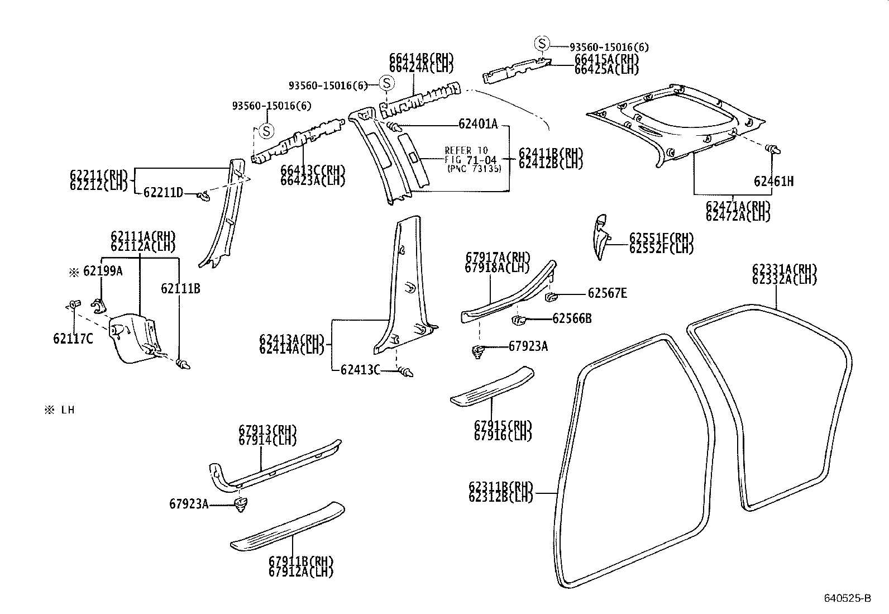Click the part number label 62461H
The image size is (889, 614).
pyautogui.click(x=773, y=181)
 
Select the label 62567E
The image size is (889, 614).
pyautogui.click(x=607, y=293)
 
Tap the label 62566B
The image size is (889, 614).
pyautogui.click(x=572, y=318)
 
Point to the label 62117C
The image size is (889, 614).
pyautogui.click(x=73, y=339)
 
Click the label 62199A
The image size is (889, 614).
pyautogui.click(x=102, y=272)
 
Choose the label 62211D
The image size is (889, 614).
pyautogui.click(x=163, y=193)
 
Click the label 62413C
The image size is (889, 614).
pyautogui.click(x=360, y=369)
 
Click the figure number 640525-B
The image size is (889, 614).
pyautogui.click(x=847, y=598)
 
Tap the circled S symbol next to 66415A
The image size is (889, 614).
pyautogui.click(x=542, y=43)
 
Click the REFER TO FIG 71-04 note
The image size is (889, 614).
pyautogui.click(x=470, y=159)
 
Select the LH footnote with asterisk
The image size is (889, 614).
pyautogui.click(x=60, y=410)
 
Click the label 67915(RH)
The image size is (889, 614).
pyautogui.click(x=503, y=425)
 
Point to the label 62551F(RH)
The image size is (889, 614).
pyautogui.click(x=661, y=237)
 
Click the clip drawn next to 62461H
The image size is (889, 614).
pyautogui.click(x=773, y=149)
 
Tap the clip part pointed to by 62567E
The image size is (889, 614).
pyautogui.click(x=549, y=296)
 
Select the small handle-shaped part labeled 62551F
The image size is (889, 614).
pyautogui.click(x=600, y=235)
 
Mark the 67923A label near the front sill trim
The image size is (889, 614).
pyautogui.click(x=189, y=504)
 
